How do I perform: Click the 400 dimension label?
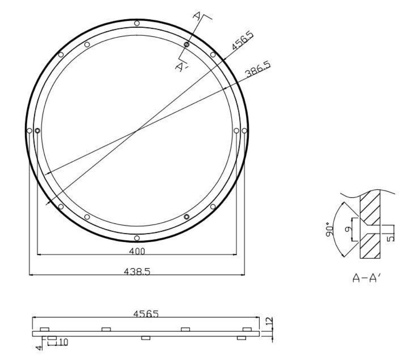137,251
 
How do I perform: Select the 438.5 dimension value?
137,271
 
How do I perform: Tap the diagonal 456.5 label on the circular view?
242,41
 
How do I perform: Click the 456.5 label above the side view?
146,314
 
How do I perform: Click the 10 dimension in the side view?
63,342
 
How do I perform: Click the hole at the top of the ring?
137,23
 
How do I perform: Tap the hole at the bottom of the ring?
137,238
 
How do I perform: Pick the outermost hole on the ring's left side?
29,131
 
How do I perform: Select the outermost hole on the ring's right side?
244,131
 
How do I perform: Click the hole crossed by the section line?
187,44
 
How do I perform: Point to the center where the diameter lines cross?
137,130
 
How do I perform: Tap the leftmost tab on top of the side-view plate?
45,329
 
